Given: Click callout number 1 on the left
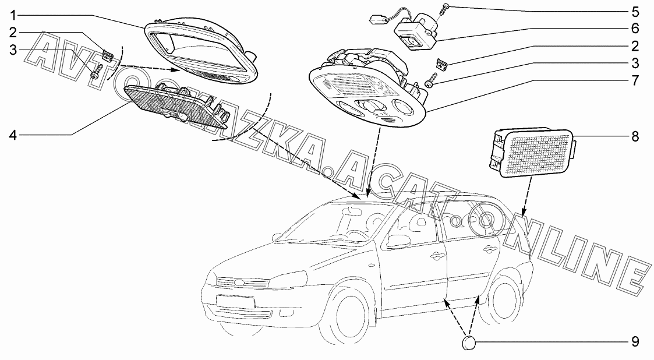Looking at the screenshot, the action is click(13, 16).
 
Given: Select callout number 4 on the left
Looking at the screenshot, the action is click(13, 135).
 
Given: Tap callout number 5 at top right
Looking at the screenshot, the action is click(635, 11).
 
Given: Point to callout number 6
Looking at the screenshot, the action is click(635, 29).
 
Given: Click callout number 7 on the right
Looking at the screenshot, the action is click(635, 80).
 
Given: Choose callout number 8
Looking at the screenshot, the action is click(635, 136).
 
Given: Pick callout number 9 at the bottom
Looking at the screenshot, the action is click(635, 342).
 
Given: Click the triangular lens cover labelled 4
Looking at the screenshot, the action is click(175, 107).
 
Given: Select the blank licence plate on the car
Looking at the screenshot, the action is click(235, 302).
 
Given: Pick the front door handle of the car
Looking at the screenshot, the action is click(434, 255).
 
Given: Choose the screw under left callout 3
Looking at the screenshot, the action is click(96, 73).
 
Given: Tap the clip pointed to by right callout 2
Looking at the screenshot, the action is click(441, 64).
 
